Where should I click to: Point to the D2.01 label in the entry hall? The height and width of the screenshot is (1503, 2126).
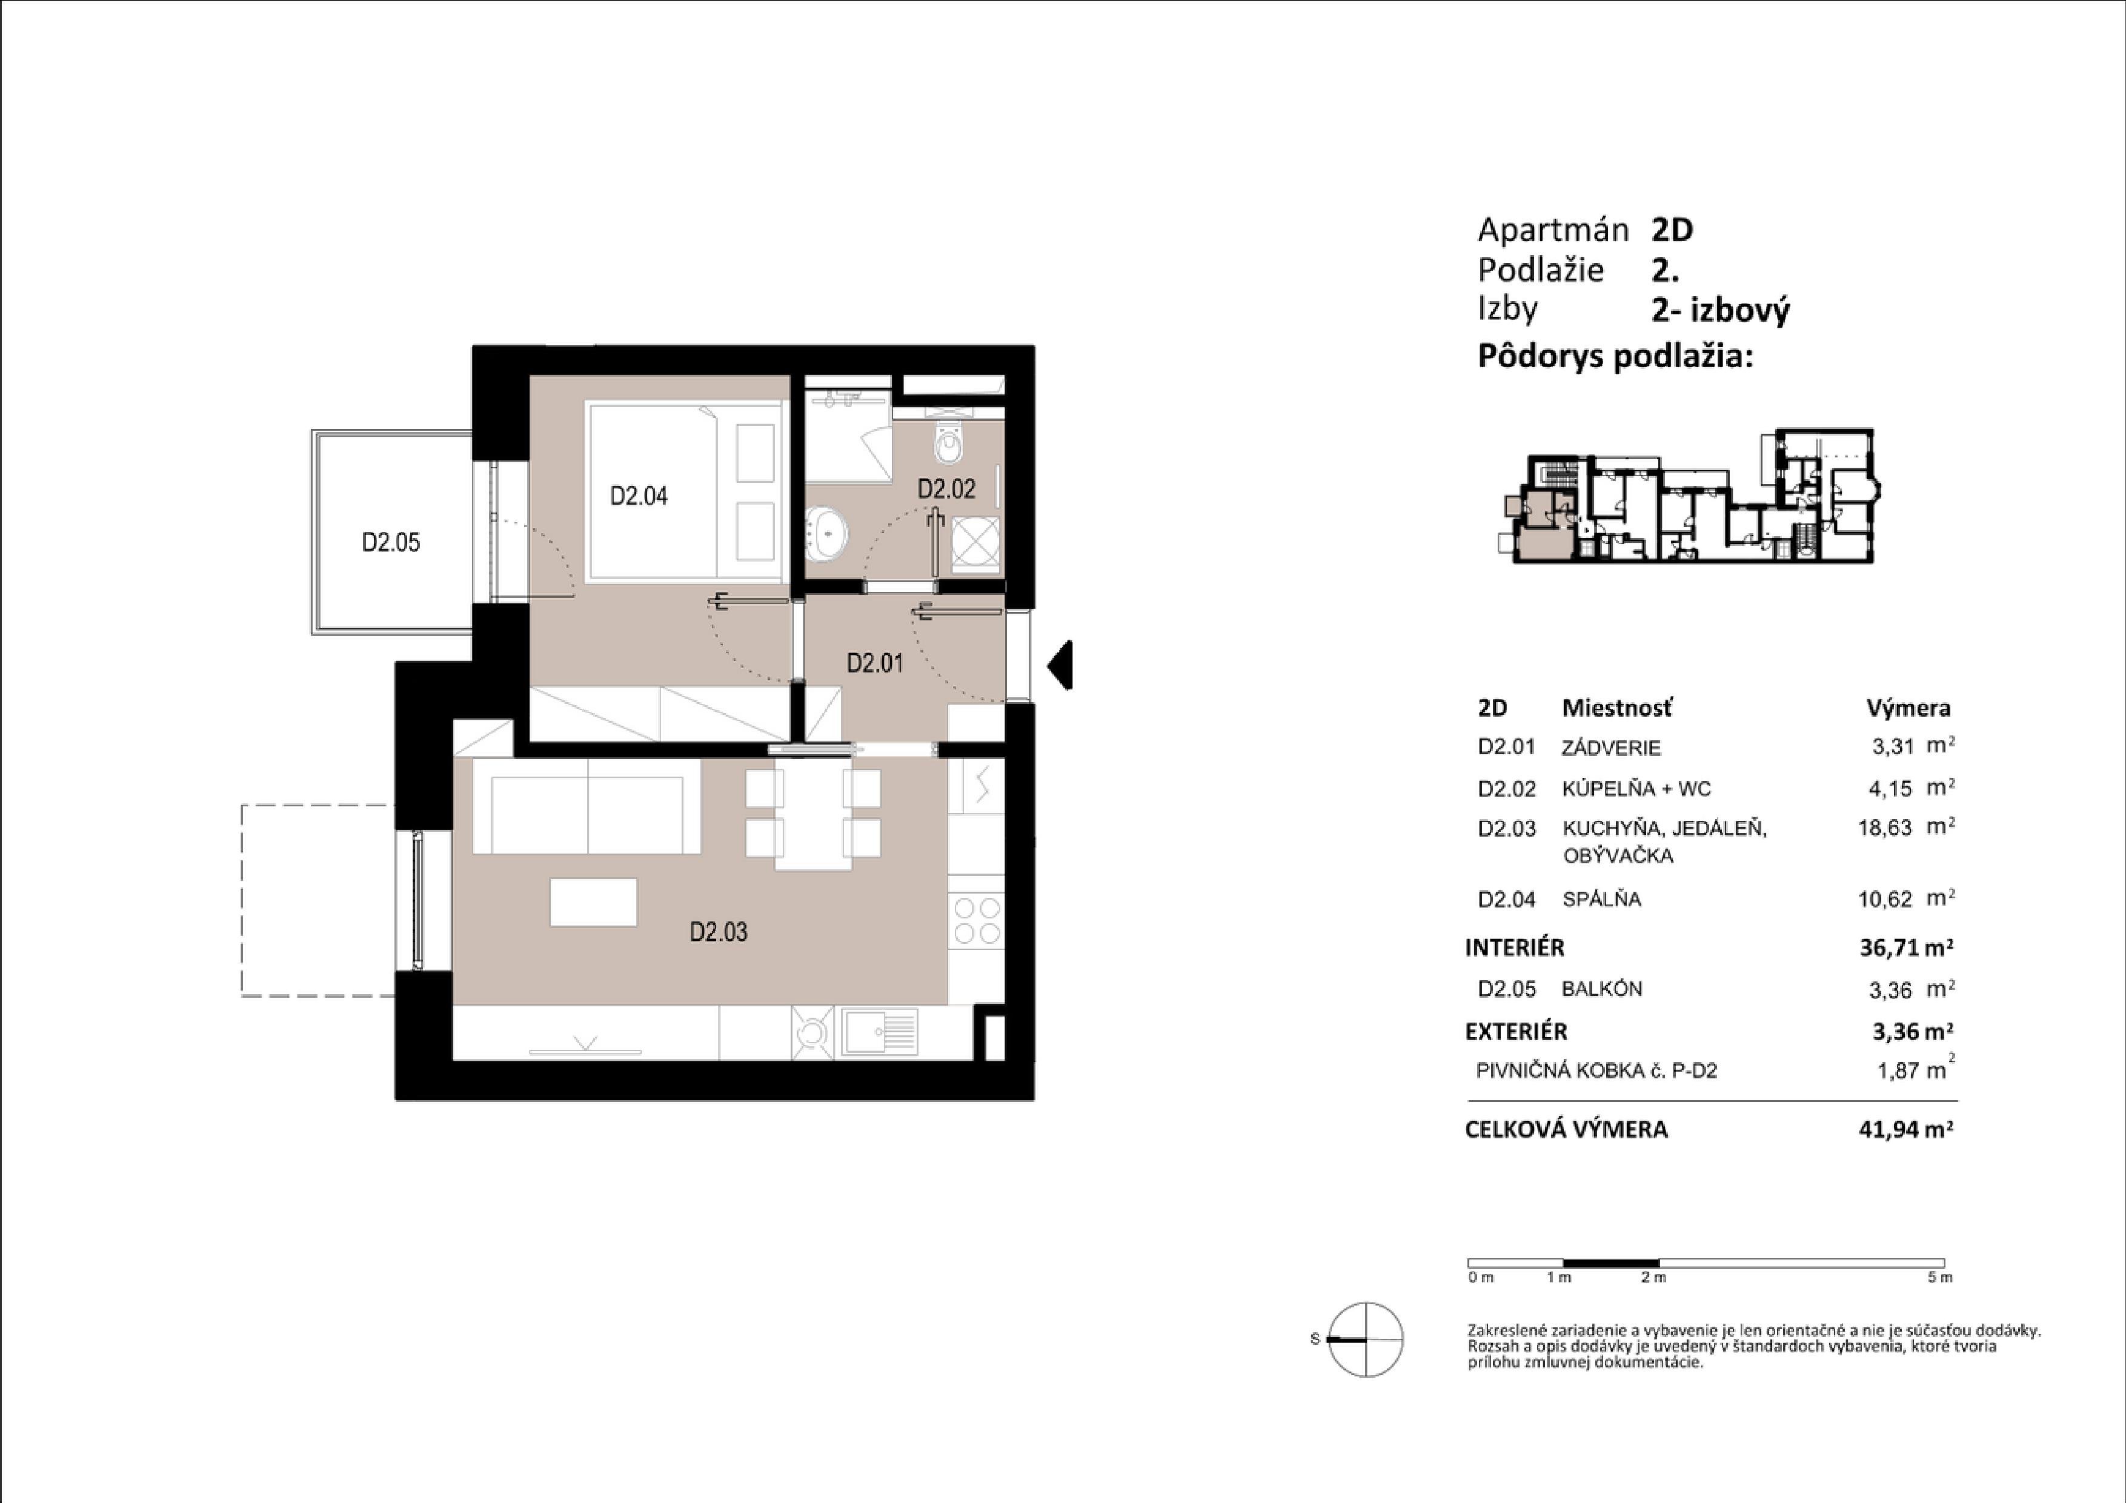tap(874, 663)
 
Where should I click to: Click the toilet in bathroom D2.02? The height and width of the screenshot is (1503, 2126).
tap(950, 445)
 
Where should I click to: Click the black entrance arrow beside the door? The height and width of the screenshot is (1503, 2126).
tap(1060, 665)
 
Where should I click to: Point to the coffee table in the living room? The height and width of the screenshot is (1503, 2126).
tap(594, 902)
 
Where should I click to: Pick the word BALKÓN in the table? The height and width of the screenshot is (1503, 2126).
tap(1602, 989)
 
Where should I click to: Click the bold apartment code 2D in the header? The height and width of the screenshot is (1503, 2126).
tap(1672, 230)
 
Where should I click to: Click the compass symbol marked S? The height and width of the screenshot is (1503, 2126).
tap(1366, 1339)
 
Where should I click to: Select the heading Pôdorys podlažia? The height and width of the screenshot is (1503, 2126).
tap(1615, 357)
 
